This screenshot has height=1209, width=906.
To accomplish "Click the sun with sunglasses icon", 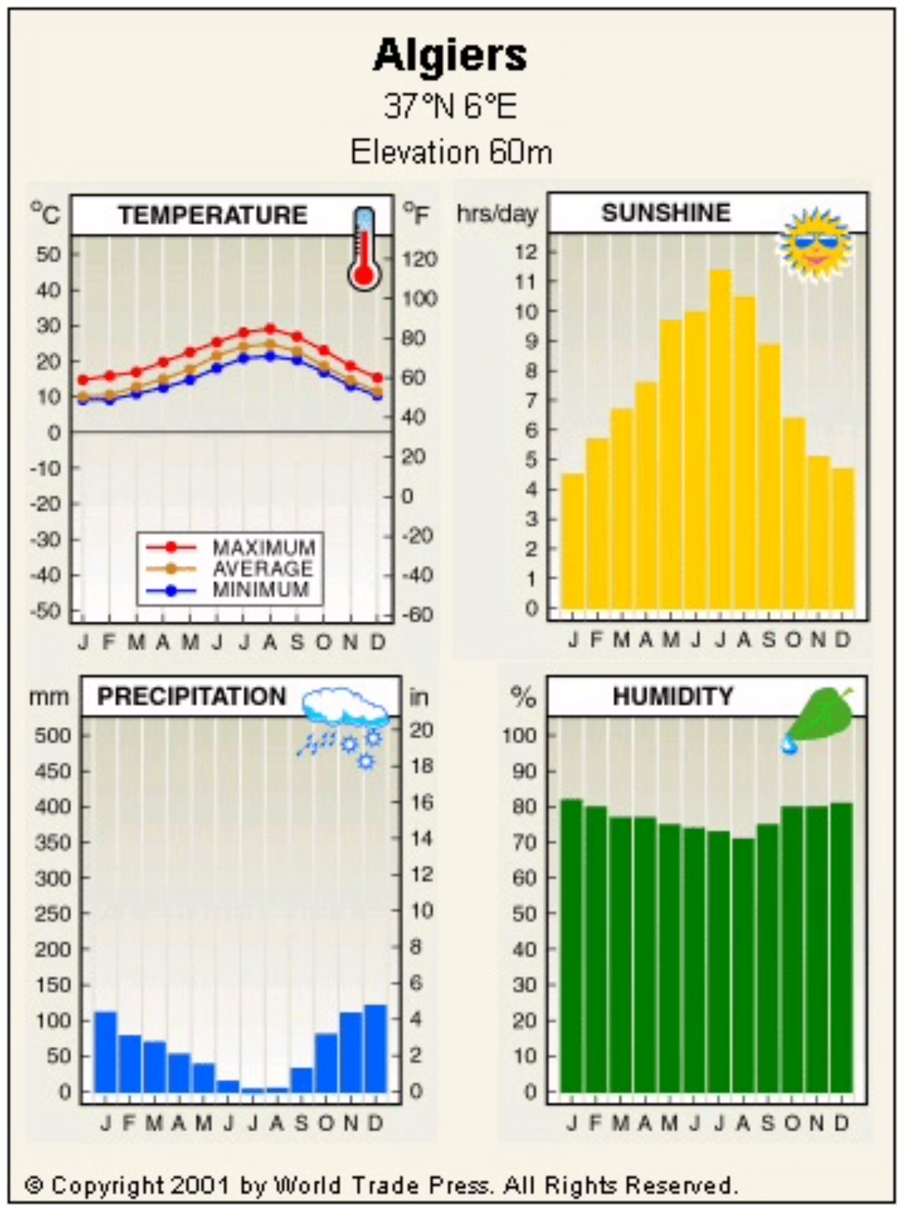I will pos(816,244).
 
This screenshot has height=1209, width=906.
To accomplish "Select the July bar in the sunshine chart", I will pos(721,439).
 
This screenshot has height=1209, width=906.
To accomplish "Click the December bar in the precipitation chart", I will pos(376,1048).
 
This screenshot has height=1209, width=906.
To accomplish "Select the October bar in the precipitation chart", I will pos(326,1063).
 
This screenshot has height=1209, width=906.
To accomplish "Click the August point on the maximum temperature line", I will pos(271,329).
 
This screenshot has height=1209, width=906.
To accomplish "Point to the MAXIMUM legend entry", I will pos(264,547).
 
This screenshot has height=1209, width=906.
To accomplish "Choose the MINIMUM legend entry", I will pos(261,590).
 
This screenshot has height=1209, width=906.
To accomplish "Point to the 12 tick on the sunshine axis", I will pos(527,252).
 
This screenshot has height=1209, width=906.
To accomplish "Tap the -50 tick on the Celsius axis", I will pos(45,611).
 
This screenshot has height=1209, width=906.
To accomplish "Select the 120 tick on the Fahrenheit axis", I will pos(420,259).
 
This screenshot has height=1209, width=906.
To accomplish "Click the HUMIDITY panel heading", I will pos(672,697).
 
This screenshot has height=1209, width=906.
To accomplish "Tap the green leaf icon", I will pos(822,716).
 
